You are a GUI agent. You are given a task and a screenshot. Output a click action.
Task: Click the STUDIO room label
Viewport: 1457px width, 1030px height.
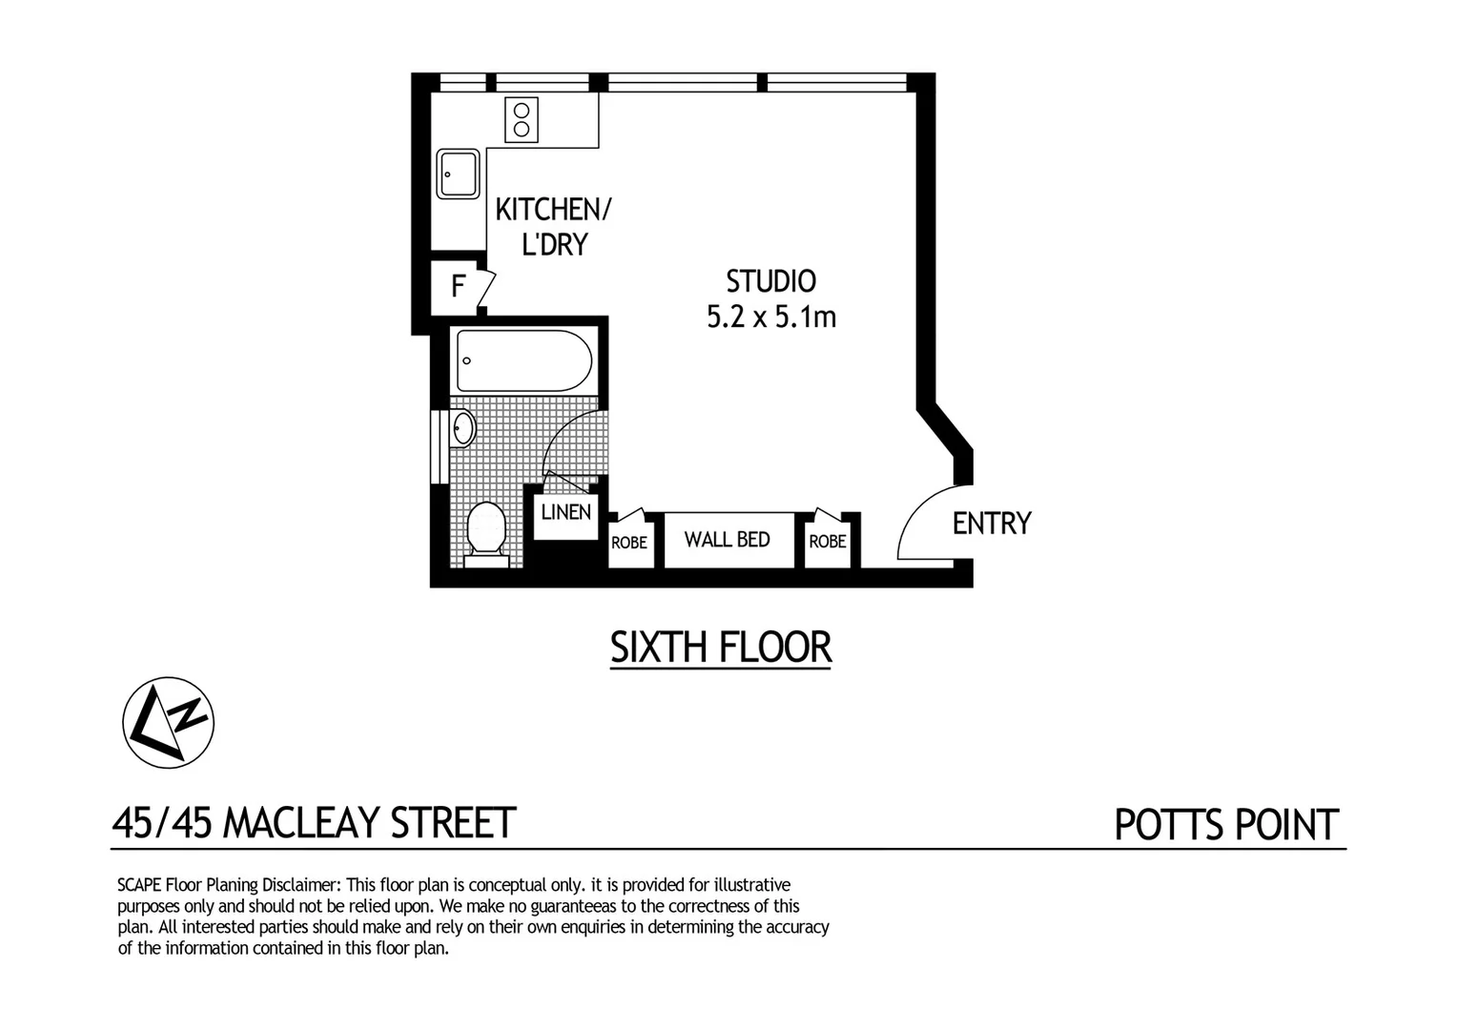770,281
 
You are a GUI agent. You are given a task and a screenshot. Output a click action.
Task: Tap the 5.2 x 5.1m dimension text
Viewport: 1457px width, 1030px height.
770,317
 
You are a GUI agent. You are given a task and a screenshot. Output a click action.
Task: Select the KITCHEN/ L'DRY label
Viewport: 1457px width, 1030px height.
553,226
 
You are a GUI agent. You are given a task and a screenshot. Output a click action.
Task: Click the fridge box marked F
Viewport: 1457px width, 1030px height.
459,286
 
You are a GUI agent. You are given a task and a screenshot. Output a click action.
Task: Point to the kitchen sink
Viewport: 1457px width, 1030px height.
459,175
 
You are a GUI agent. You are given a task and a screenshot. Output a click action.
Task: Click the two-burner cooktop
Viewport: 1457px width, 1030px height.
522,120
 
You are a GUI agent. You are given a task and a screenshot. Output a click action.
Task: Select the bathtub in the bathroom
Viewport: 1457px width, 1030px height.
523,360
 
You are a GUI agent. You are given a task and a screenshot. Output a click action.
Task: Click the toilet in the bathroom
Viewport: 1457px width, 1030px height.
486,530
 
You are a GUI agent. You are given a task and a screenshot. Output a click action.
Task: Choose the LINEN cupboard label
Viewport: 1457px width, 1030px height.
566,512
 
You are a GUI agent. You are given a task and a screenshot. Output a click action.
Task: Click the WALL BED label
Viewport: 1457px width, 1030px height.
728,540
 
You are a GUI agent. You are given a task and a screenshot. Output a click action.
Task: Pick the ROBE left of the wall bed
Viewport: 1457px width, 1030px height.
629,543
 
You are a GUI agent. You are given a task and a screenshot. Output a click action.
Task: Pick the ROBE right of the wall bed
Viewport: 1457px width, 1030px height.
828,542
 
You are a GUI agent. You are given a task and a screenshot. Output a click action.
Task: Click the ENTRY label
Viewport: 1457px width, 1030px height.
992,524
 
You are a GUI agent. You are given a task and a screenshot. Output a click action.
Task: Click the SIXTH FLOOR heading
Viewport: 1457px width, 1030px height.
721,648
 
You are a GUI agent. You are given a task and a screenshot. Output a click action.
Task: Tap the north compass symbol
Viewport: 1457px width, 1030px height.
169,723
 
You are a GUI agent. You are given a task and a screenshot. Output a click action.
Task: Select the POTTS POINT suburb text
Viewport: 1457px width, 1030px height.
1226,825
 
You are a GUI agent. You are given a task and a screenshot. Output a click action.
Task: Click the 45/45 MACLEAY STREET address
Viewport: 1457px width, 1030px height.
314,823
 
